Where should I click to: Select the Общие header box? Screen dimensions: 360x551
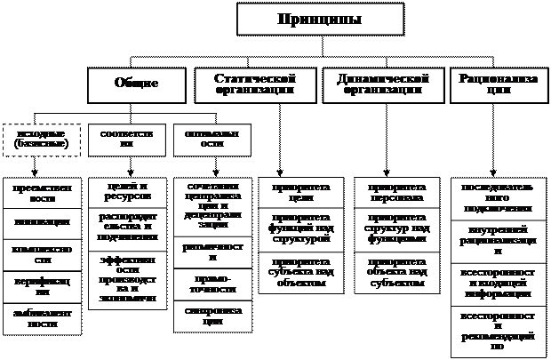(136, 84)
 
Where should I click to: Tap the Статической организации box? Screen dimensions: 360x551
(254, 84)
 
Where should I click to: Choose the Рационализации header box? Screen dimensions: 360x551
(498, 84)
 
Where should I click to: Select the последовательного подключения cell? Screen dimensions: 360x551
(497, 199)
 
